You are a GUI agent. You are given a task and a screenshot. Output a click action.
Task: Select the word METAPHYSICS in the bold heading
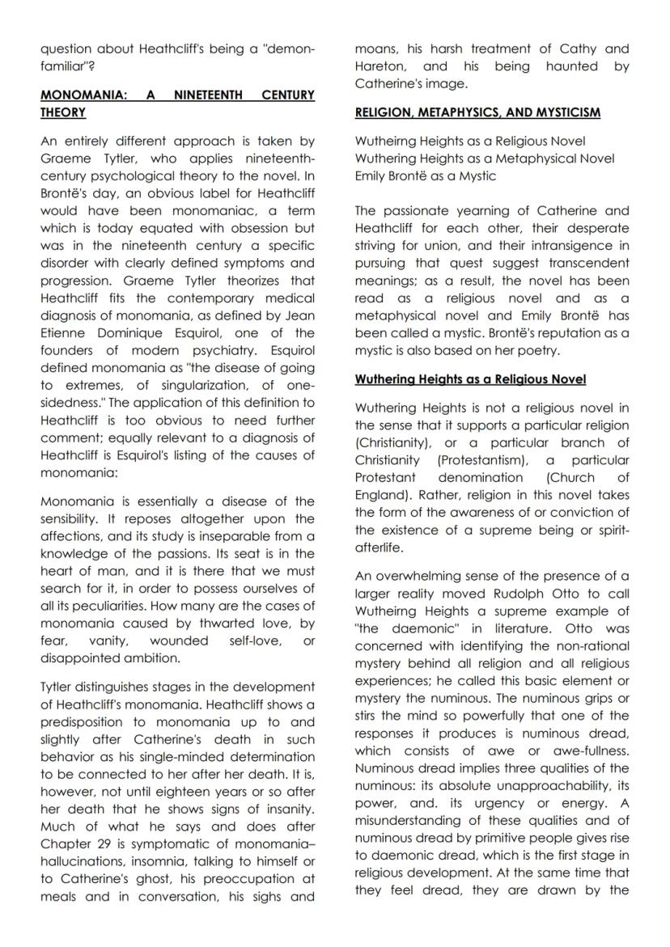(461, 112)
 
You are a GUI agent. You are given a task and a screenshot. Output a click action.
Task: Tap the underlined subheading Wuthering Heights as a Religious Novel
(470, 379)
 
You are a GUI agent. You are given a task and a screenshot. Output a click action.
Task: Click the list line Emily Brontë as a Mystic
(426, 175)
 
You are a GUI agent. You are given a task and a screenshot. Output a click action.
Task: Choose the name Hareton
(382, 66)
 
